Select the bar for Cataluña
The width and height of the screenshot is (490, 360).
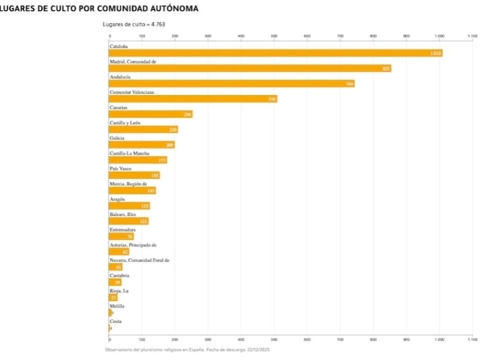coord(275,53)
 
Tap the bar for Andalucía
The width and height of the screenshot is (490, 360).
coord(232,83)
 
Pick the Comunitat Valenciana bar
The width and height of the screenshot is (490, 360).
coord(193,99)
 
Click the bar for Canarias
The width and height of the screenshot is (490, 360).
coord(151,114)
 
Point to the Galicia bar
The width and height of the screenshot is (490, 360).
coord(142,145)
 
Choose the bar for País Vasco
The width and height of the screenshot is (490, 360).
coord(134,175)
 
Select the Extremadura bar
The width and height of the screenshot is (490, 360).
coord(121,236)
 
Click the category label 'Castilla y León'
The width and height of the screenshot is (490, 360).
coord(125,123)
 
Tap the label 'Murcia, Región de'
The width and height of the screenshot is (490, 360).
coord(128,183)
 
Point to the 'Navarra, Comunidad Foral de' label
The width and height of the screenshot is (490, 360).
coord(139,260)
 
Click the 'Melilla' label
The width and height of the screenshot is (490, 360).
coord(117,305)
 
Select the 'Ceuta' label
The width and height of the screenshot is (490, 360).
coord(115,321)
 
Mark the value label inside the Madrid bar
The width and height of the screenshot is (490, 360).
coord(386,69)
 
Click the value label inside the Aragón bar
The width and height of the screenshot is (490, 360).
coord(145,206)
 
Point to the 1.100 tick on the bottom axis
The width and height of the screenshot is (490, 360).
coord(472,339)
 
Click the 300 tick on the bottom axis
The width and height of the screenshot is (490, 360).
coord(208,339)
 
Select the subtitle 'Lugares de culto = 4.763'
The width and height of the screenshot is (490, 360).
coord(134,25)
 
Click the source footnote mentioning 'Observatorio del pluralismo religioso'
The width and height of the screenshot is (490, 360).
coord(187,349)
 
